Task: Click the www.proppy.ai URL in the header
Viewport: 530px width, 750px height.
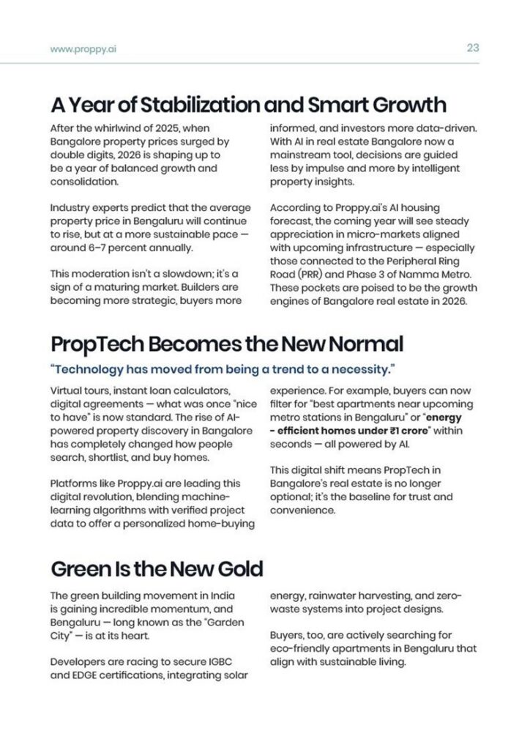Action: tap(84, 49)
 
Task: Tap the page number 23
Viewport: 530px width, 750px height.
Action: tap(472, 48)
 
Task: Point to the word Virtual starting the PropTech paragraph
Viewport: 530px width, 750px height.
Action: tap(67, 391)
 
